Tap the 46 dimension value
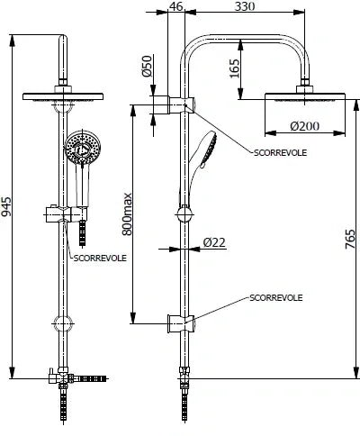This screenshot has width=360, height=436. (x=176, y=7)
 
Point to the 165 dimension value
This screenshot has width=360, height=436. (x=235, y=68)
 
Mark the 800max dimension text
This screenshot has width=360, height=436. (x=128, y=213)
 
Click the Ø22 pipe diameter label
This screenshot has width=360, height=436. (x=214, y=241)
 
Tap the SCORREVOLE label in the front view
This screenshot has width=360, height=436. (x=100, y=257)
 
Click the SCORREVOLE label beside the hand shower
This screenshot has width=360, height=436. (x=282, y=153)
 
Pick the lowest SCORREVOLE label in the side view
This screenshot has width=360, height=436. (x=275, y=296)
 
